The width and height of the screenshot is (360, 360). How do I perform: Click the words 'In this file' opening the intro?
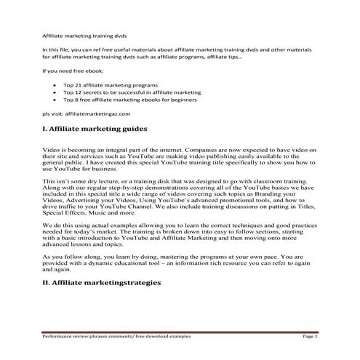coord(57,48)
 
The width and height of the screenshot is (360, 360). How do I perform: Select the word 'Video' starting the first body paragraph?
coord(52,148)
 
